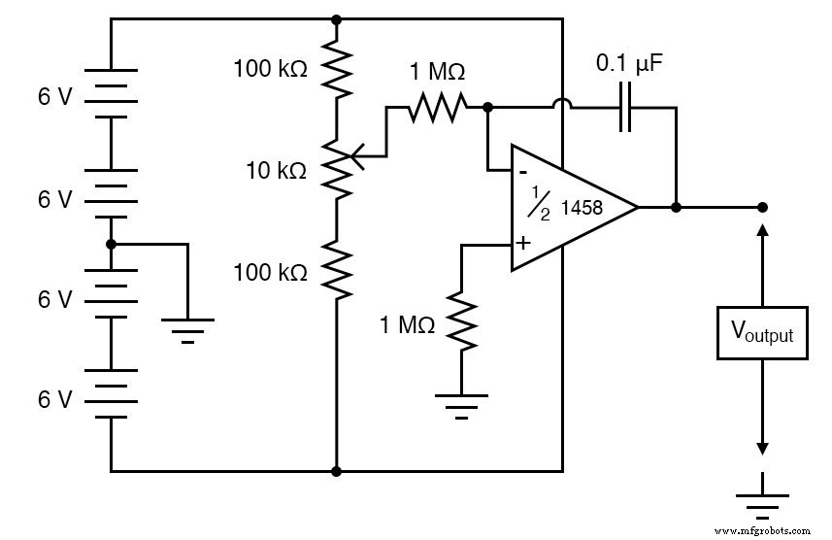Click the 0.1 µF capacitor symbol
(x=625, y=108)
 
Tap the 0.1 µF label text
(x=629, y=66)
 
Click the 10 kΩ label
(x=277, y=170)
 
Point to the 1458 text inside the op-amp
(x=582, y=206)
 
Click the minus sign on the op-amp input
(x=522, y=172)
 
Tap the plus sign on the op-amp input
(x=522, y=243)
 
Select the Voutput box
(x=762, y=334)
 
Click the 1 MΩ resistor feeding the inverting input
(x=436, y=108)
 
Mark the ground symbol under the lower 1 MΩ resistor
(x=461, y=404)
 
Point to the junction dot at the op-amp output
(x=676, y=207)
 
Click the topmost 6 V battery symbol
(x=111, y=93)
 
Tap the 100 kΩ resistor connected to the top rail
(x=336, y=69)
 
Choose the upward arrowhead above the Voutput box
(x=762, y=229)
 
